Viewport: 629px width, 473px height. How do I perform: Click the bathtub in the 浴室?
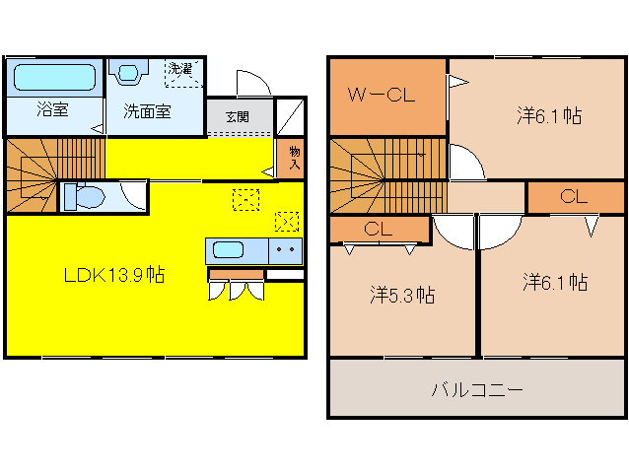pos(55,78)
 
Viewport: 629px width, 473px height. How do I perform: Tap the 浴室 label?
pos(53,109)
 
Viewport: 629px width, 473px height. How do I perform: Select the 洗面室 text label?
pos(147,110)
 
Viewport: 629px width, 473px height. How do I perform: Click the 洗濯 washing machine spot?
pos(183,71)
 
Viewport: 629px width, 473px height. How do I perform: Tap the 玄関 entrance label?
pos(238,116)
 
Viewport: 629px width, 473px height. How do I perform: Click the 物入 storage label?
pos(294,158)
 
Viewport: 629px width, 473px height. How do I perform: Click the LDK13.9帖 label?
pos(113,276)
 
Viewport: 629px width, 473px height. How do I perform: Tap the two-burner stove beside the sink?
pos(286,250)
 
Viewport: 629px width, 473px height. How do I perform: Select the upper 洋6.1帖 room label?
pos(548,115)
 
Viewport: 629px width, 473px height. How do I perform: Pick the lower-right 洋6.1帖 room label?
pos(554,283)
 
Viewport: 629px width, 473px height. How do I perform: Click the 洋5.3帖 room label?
pos(402,294)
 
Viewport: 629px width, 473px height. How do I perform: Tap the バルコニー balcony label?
pos(475,388)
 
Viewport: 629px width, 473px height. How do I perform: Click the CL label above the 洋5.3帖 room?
pos(378,229)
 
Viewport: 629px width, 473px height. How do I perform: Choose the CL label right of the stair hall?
pos(574,196)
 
